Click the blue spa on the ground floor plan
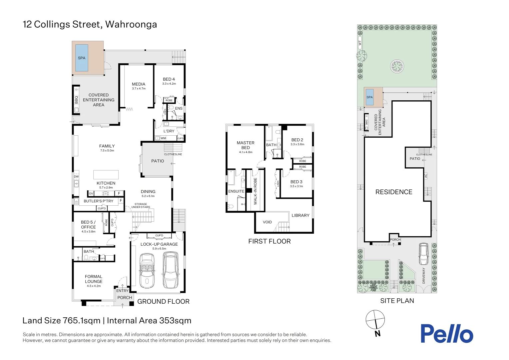click(x=82, y=58)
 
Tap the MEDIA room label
click(x=139, y=84)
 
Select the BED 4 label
click(x=169, y=79)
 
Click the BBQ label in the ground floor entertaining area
click(x=76, y=99)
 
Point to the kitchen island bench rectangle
click(x=106, y=175)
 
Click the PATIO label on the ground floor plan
click(x=158, y=161)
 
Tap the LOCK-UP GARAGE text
click(x=159, y=244)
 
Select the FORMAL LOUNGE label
click(x=94, y=279)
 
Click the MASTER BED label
click(x=246, y=145)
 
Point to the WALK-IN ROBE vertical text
click(x=255, y=191)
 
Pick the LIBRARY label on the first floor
click(x=300, y=215)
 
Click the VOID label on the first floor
click(x=267, y=222)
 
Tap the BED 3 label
click(x=296, y=182)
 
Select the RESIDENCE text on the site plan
click(x=394, y=192)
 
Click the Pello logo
click(x=447, y=333)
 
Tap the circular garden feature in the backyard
click(x=397, y=67)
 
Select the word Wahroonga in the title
click(x=131, y=25)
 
